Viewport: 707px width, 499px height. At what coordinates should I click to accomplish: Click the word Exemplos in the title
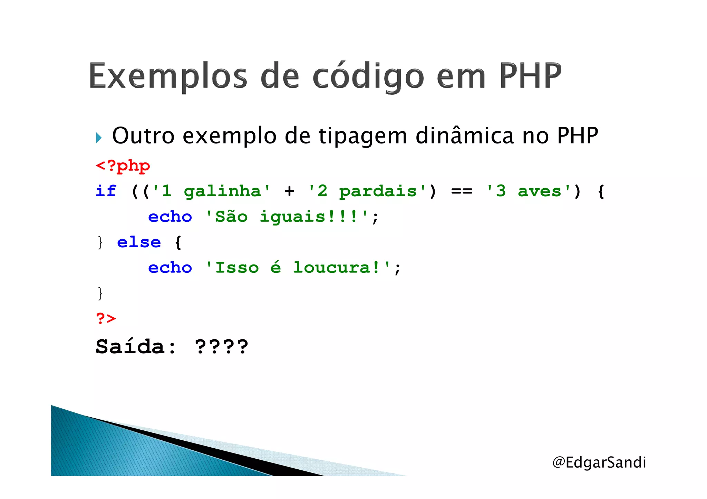point(168,76)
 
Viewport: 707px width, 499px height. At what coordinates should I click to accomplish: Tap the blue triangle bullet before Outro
point(99,138)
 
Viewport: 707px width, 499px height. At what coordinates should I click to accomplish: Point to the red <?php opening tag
point(123,166)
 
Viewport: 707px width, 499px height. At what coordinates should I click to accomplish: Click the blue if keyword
point(106,191)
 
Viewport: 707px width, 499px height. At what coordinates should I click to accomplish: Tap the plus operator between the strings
point(290,191)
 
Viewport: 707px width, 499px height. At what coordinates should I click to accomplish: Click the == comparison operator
point(462,191)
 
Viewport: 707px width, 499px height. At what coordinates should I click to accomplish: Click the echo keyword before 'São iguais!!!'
point(170,217)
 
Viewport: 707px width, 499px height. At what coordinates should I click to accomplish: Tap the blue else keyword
point(139,242)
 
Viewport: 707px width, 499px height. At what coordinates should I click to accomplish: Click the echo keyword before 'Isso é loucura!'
point(170,268)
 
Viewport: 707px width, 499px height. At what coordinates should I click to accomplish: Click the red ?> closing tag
point(106,318)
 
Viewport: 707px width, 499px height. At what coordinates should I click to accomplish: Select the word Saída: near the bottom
point(136,347)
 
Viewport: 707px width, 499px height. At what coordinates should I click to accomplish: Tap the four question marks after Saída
point(221,347)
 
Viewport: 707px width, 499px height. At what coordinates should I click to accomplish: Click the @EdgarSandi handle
point(599,462)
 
